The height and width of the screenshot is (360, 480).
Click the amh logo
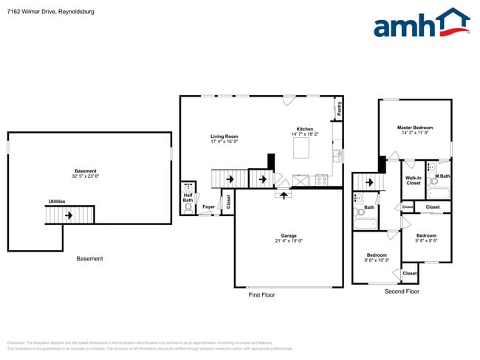pos(421,24)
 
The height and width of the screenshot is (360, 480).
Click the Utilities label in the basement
pos(57,201)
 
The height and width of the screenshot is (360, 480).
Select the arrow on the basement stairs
pos(69,215)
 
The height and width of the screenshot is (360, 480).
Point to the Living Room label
pos(224,136)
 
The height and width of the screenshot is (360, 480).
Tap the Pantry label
pos(339,108)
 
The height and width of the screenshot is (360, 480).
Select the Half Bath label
pos(188,198)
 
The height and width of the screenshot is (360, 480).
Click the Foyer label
pos(209,207)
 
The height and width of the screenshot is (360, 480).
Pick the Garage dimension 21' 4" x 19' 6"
pos(289,241)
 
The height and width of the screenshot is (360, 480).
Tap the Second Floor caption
pos(402,291)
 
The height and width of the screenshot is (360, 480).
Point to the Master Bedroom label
pos(415,128)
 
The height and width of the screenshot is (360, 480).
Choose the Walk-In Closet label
pos(414,180)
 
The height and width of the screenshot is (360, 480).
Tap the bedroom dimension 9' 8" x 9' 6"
pos(426,240)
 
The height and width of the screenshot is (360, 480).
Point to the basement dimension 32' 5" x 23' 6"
pos(86,176)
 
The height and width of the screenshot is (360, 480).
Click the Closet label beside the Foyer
pos(227,200)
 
